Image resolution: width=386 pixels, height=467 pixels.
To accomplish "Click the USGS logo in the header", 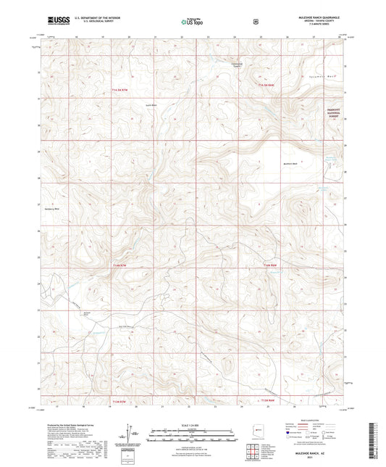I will click(57, 21).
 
